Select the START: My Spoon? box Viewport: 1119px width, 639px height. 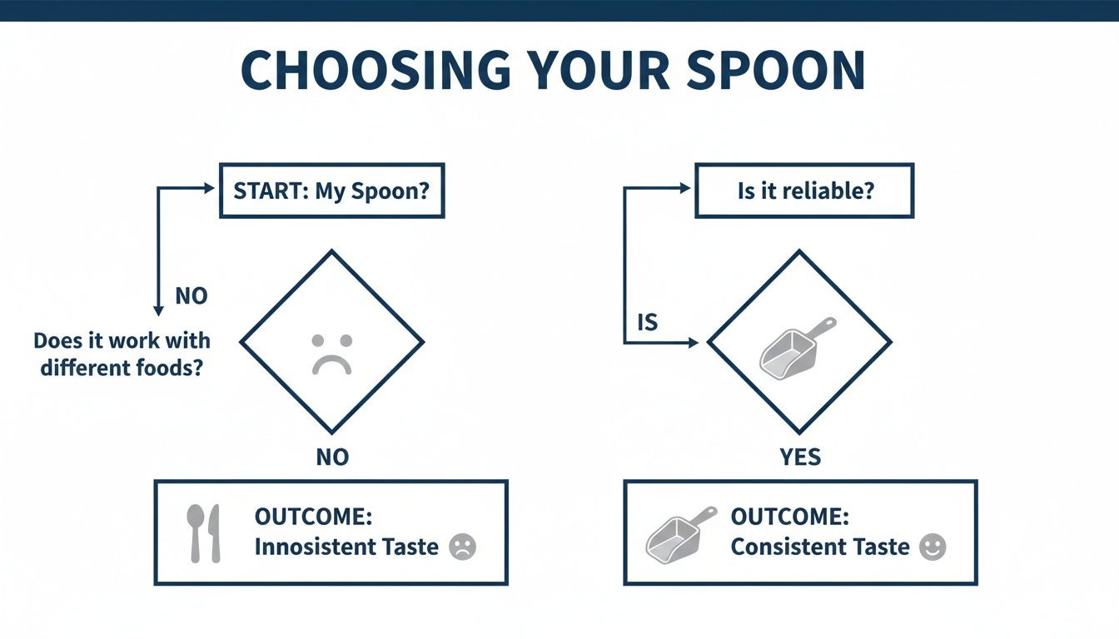331,190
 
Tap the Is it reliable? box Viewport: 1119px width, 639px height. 804,190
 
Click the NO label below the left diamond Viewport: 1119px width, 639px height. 331,456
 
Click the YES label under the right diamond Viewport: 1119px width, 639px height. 800,456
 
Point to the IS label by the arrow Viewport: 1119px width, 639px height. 647,322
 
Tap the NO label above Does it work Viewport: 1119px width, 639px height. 191,295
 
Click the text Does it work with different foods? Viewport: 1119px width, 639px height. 122,354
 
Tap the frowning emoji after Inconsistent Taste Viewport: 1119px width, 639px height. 462,547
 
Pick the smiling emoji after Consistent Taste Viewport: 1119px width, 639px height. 932,547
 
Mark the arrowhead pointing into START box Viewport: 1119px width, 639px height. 209,189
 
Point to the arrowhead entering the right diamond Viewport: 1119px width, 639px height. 693,342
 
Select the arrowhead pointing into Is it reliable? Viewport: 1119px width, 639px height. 685,189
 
